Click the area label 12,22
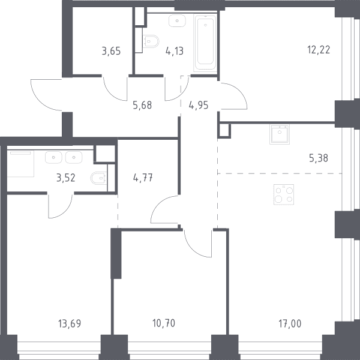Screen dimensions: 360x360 click(319, 50)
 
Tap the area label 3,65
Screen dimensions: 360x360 click(111, 51)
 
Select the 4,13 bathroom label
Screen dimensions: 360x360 click(175, 51)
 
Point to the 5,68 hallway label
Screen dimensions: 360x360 click(142, 106)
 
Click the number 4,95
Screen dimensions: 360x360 click(199, 106)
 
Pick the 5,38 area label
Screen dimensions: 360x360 click(319, 158)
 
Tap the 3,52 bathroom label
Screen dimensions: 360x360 click(66, 178)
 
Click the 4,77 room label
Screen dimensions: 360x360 click(143, 178)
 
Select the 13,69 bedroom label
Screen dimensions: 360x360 click(70, 324)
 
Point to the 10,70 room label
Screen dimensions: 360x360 click(164, 323)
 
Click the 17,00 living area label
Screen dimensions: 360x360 click(290, 324)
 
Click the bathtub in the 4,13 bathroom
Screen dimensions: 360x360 click(205, 43)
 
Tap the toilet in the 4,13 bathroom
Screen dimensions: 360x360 click(151, 41)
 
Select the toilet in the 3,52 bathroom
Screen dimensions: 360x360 click(99, 178)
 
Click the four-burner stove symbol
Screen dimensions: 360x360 click(284, 194)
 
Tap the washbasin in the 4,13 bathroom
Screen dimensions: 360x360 click(177, 21)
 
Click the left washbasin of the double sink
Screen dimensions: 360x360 click(53, 157)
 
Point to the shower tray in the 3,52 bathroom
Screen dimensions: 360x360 click(20, 163)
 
